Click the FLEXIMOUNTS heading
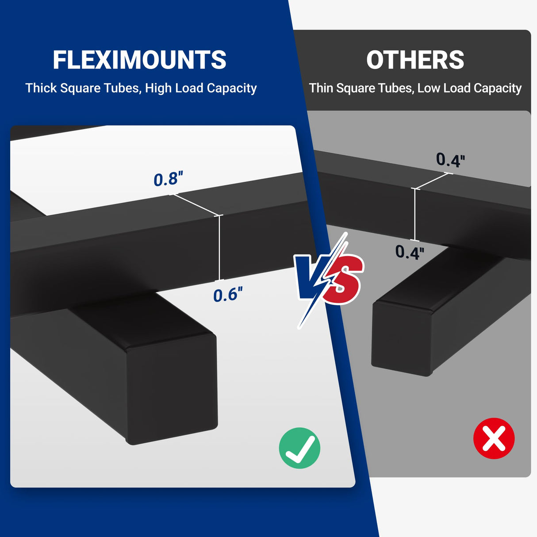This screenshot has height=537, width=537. (139, 60)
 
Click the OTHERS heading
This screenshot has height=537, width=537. (415, 60)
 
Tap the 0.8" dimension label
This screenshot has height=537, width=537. (168, 179)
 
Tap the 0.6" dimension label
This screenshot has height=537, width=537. (227, 295)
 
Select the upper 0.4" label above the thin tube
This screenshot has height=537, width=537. (450, 160)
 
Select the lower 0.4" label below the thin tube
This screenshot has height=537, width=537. (409, 252)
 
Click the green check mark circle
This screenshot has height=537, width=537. (299, 448)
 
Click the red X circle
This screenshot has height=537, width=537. (494, 438)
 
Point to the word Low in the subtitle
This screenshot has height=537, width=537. (428, 88)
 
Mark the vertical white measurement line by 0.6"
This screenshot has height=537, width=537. (219, 248)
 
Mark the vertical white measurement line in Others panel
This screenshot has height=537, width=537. (414, 215)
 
